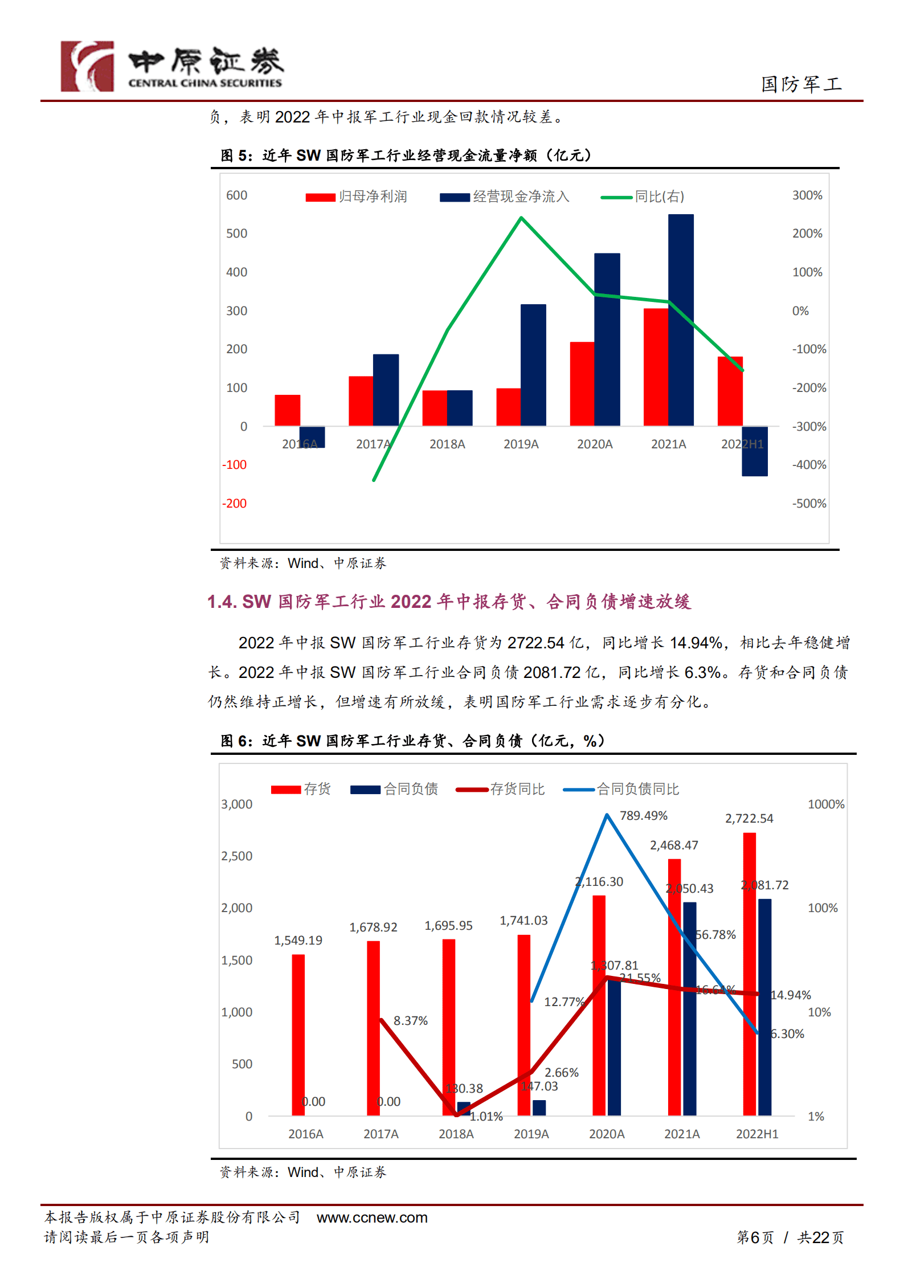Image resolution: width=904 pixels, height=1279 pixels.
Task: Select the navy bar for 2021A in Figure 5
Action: point(681,319)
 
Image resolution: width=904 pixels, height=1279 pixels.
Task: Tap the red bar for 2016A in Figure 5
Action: point(287,410)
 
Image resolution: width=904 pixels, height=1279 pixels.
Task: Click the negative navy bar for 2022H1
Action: point(754,451)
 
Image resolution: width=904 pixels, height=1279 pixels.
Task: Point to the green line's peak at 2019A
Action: point(521,218)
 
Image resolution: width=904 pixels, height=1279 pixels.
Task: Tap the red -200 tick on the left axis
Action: point(234,504)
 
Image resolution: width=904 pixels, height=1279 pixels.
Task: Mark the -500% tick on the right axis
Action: point(809,504)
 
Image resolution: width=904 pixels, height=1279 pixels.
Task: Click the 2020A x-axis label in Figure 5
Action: point(595,444)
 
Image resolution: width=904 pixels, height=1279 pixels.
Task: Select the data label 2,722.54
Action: point(749,819)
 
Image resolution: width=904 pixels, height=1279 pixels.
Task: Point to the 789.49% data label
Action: point(643,816)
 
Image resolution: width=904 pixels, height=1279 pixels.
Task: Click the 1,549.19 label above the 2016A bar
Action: point(298,941)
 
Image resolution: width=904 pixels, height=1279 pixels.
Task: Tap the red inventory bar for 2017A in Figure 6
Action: point(373,1028)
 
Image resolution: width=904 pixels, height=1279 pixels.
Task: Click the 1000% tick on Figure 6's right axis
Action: point(826,804)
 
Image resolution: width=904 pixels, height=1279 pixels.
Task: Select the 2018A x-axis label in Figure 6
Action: point(456,1134)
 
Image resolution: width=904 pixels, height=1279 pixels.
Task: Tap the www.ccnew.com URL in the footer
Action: point(372,1217)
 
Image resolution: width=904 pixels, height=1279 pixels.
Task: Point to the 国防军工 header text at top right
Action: point(801,84)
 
